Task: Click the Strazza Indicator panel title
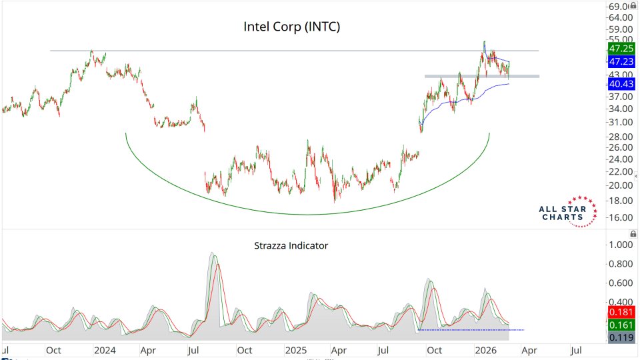coord(291,245)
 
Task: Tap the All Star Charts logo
coord(567,212)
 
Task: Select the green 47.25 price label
coord(621,49)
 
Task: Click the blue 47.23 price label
coord(621,61)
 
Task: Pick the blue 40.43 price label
coord(621,85)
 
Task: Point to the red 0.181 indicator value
coord(621,312)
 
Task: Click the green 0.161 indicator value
coord(621,325)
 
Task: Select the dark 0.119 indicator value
coord(621,337)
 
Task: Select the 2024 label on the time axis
coord(105,349)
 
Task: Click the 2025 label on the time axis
coord(295,349)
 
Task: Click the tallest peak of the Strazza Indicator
coord(213,254)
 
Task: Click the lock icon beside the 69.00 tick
coord(633,7)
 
